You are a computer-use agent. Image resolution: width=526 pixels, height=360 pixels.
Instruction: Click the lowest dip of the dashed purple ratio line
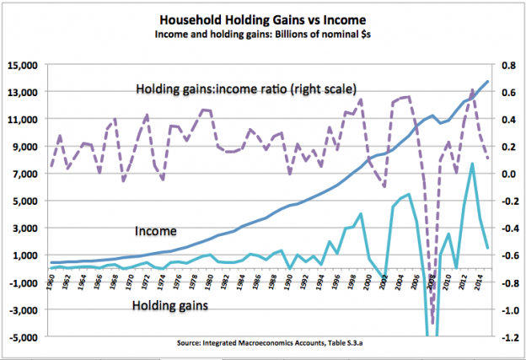click(433, 324)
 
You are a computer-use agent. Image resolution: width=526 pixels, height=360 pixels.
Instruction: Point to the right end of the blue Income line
click(488, 81)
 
